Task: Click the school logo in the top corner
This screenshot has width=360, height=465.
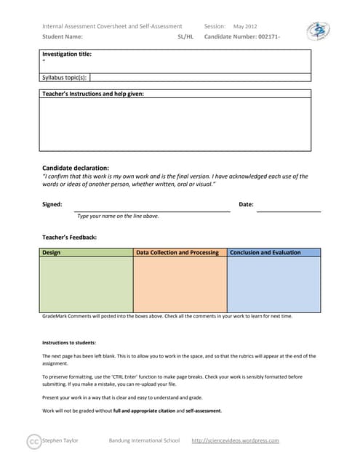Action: (x=318, y=31)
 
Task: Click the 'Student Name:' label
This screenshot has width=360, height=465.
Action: (x=63, y=36)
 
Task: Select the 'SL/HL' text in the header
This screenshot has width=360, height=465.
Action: (x=185, y=36)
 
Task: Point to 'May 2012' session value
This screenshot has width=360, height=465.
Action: (x=245, y=26)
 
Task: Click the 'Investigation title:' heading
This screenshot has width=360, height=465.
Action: (x=67, y=54)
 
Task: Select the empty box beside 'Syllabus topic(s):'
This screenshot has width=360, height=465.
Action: (x=200, y=76)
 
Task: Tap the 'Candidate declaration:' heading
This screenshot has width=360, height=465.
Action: (x=76, y=168)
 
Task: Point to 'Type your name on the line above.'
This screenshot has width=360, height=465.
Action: (x=118, y=216)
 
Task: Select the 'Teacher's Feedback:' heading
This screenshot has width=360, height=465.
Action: (x=70, y=237)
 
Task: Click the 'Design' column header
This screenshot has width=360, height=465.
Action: (x=52, y=253)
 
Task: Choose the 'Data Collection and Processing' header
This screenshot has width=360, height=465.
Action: (x=177, y=253)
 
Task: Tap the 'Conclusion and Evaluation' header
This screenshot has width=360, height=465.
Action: (x=265, y=253)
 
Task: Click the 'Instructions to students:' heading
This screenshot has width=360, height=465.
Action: (x=69, y=342)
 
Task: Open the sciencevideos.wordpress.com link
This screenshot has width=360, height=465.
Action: (x=235, y=440)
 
